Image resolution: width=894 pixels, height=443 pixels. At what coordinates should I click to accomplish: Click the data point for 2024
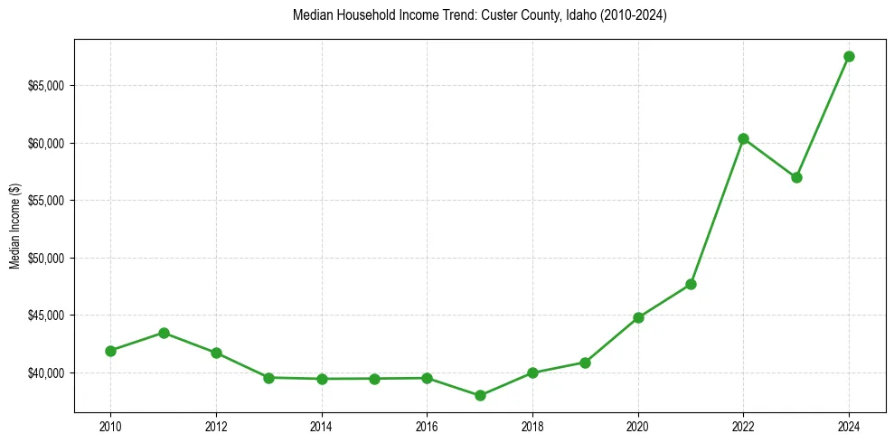click(849, 56)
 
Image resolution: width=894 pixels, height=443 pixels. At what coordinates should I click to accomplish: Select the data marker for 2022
click(743, 138)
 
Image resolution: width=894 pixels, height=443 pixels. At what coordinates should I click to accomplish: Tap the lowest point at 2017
click(480, 395)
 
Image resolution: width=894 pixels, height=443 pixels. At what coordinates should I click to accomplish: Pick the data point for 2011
click(164, 333)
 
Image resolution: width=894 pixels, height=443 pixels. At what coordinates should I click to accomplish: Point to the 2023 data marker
click(796, 177)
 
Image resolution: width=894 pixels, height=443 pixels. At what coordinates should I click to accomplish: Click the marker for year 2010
click(110, 351)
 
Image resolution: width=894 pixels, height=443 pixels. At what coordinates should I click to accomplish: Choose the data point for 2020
click(638, 317)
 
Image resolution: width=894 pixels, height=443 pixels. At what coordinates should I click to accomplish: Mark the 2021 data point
click(691, 284)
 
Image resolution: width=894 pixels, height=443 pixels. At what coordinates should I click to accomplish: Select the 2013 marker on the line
click(268, 378)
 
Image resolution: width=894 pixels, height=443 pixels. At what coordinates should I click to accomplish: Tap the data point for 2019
click(585, 363)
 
